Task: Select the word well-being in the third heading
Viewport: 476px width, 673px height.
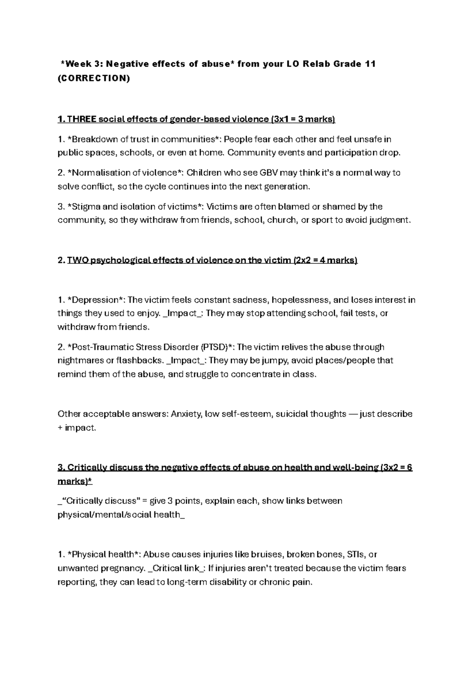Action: [355, 467]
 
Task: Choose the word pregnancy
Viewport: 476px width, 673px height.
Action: [123, 568]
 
